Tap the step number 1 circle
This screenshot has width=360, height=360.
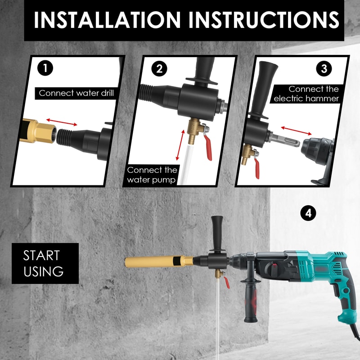click(x=45, y=68)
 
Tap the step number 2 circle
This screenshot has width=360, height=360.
click(x=159, y=69)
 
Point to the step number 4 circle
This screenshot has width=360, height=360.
click(x=308, y=213)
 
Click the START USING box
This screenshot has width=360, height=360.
click(x=44, y=264)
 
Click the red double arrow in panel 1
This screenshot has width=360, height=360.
click(x=61, y=121)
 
